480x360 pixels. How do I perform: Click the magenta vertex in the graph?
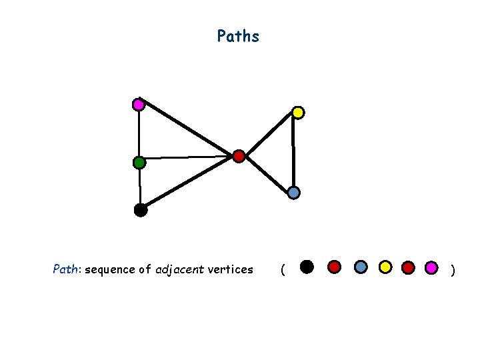(x=138, y=105)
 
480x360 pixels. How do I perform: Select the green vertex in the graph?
(x=139, y=162)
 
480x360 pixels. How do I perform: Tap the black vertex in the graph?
(x=140, y=210)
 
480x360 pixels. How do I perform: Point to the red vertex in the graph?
(x=239, y=157)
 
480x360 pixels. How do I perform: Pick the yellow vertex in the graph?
(x=298, y=113)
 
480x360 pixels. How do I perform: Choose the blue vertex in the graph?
(x=294, y=193)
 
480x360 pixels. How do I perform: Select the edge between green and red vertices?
(x=189, y=158)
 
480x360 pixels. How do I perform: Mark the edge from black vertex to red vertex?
(x=189, y=183)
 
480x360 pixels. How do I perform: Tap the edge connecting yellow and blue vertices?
(x=293, y=153)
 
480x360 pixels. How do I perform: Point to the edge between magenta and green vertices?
(x=138, y=133)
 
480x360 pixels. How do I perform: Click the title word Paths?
(x=238, y=36)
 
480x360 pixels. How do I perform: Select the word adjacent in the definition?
(x=180, y=270)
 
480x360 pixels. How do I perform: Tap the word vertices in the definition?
(x=231, y=270)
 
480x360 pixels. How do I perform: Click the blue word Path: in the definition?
(x=67, y=270)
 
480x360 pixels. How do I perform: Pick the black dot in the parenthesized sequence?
(x=306, y=267)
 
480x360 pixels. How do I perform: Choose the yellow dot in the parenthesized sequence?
(x=385, y=267)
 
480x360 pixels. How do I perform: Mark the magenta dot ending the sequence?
(x=432, y=267)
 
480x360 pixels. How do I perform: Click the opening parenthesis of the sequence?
(x=283, y=270)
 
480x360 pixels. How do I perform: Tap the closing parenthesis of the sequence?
(x=453, y=270)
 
